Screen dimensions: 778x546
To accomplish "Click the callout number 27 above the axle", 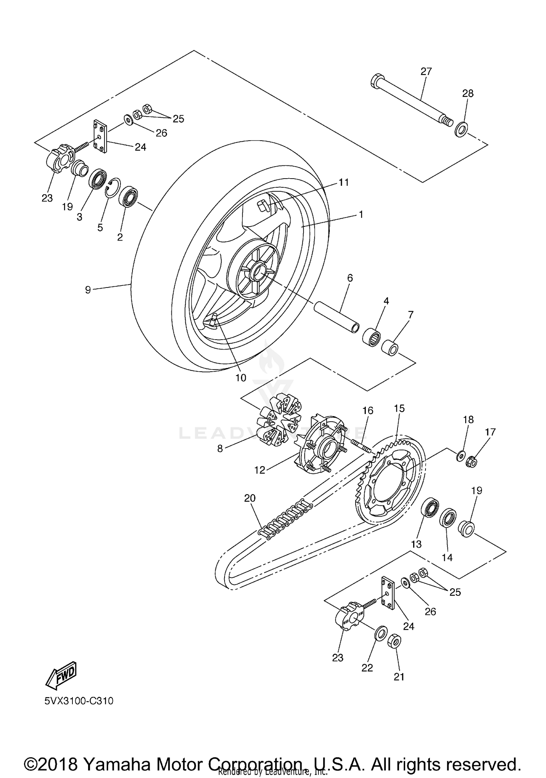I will [426, 71].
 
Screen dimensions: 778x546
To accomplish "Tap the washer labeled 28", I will [461, 130].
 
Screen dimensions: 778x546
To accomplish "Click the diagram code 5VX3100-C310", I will [79, 701].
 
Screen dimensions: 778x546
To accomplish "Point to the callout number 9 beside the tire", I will [88, 290].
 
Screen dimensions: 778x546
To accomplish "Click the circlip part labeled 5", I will [112, 188].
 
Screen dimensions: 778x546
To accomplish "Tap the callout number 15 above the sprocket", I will [399, 408].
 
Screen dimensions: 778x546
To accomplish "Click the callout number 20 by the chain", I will [250, 498].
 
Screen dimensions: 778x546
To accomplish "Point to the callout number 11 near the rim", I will [344, 182].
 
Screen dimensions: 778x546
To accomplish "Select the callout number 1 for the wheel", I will [361, 215].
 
